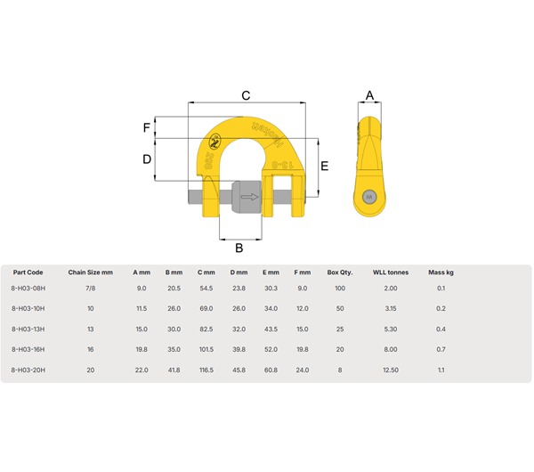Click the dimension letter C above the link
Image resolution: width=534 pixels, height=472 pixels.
click(x=247, y=94)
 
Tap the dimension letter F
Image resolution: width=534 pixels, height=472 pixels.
click(x=147, y=127)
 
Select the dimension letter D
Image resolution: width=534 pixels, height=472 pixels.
click(x=147, y=159)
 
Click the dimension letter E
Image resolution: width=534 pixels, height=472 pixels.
click(x=326, y=166)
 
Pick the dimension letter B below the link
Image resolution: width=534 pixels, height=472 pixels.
click(x=239, y=248)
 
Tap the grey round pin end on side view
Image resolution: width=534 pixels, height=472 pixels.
click(x=369, y=197)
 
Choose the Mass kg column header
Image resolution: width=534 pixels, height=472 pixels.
click(x=441, y=272)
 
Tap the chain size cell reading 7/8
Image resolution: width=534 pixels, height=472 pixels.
click(x=90, y=289)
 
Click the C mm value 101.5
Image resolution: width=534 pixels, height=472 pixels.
click(x=206, y=348)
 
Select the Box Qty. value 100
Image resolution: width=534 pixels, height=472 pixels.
click(x=339, y=289)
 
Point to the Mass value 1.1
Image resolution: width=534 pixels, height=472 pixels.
click(x=441, y=368)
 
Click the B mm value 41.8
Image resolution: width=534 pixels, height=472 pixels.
click(x=174, y=368)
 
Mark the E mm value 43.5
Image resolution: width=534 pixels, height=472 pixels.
click(x=271, y=328)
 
